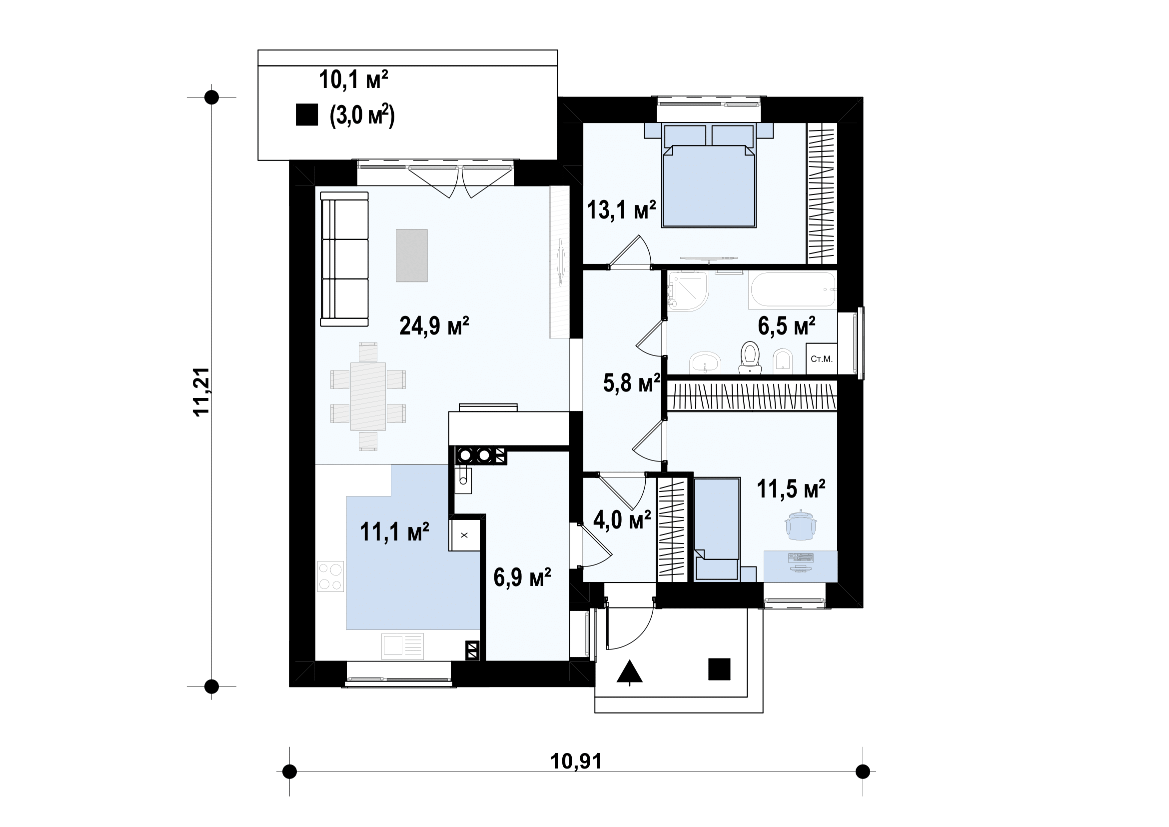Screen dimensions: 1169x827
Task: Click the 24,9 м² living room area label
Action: coord(434,326)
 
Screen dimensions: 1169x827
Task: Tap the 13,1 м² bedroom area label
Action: coord(621,209)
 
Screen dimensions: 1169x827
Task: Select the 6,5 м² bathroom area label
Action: coord(787,326)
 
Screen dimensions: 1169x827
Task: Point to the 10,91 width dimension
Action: coord(576,761)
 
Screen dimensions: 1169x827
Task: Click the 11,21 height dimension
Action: coord(201,391)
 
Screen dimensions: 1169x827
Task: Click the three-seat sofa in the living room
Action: coord(344,258)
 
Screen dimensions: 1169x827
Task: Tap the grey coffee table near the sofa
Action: coord(412,255)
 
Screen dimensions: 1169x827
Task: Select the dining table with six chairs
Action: coord(368,396)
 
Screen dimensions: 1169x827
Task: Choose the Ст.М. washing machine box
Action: coord(821,359)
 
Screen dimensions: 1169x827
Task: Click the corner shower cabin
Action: coord(688,290)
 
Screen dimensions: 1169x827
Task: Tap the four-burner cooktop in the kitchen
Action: coord(330,576)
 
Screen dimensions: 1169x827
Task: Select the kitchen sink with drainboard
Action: coord(403,646)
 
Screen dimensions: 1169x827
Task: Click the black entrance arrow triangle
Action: coord(630,671)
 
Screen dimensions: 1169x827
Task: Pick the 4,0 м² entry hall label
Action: coord(622,519)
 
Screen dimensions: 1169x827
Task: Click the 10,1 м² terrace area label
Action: coord(353,79)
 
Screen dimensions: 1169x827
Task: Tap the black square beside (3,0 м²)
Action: coord(307,114)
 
